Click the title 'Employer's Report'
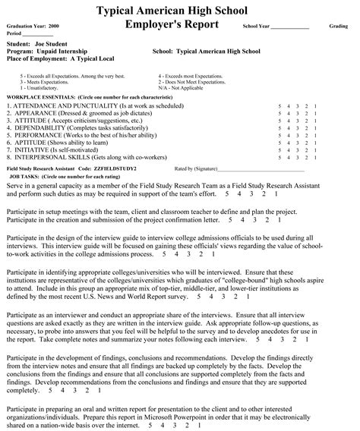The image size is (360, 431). (x=172, y=25)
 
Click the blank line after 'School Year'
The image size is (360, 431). (x=289, y=27)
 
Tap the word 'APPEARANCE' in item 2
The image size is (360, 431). (x=37, y=114)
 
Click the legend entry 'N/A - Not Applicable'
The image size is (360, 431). (x=186, y=89)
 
